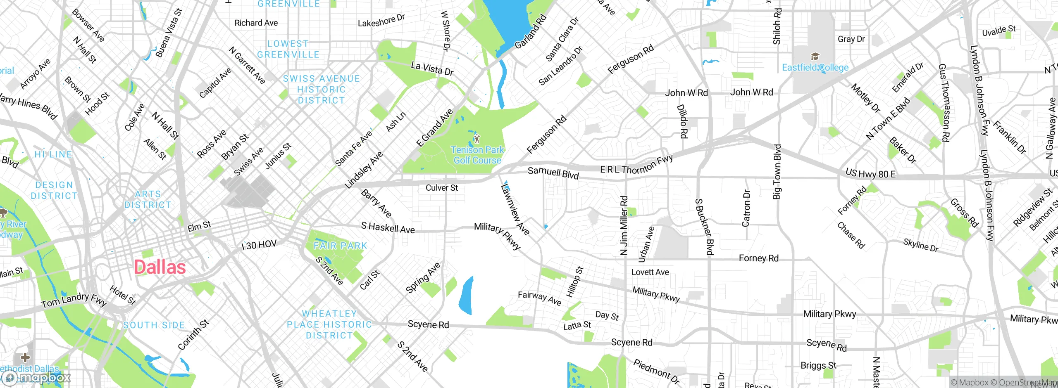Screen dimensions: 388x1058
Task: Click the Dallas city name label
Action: (x=160, y=267)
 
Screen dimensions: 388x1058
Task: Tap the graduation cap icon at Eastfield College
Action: (x=815, y=56)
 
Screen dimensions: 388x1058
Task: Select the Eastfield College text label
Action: (x=815, y=67)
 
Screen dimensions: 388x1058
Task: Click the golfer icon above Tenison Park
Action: (x=477, y=138)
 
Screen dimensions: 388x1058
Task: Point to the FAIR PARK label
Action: (x=340, y=246)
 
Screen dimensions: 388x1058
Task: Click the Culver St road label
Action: (x=442, y=188)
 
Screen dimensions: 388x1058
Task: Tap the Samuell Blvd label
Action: (x=553, y=173)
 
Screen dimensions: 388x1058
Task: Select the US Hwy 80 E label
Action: (x=870, y=174)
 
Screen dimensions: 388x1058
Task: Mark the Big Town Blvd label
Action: (x=777, y=172)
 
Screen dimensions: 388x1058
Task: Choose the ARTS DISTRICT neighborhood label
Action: (x=148, y=199)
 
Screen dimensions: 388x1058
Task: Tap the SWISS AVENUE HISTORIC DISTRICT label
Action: (x=321, y=89)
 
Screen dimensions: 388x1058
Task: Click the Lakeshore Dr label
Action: (x=381, y=21)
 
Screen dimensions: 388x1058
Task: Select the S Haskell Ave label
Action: (x=388, y=227)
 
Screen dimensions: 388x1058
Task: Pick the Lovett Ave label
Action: (x=650, y=272)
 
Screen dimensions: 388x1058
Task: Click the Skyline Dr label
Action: (x=921, y=245)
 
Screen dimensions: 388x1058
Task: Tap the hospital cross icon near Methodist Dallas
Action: (x=25, y=357)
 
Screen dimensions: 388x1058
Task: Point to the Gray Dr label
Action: (x=851, y=39)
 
